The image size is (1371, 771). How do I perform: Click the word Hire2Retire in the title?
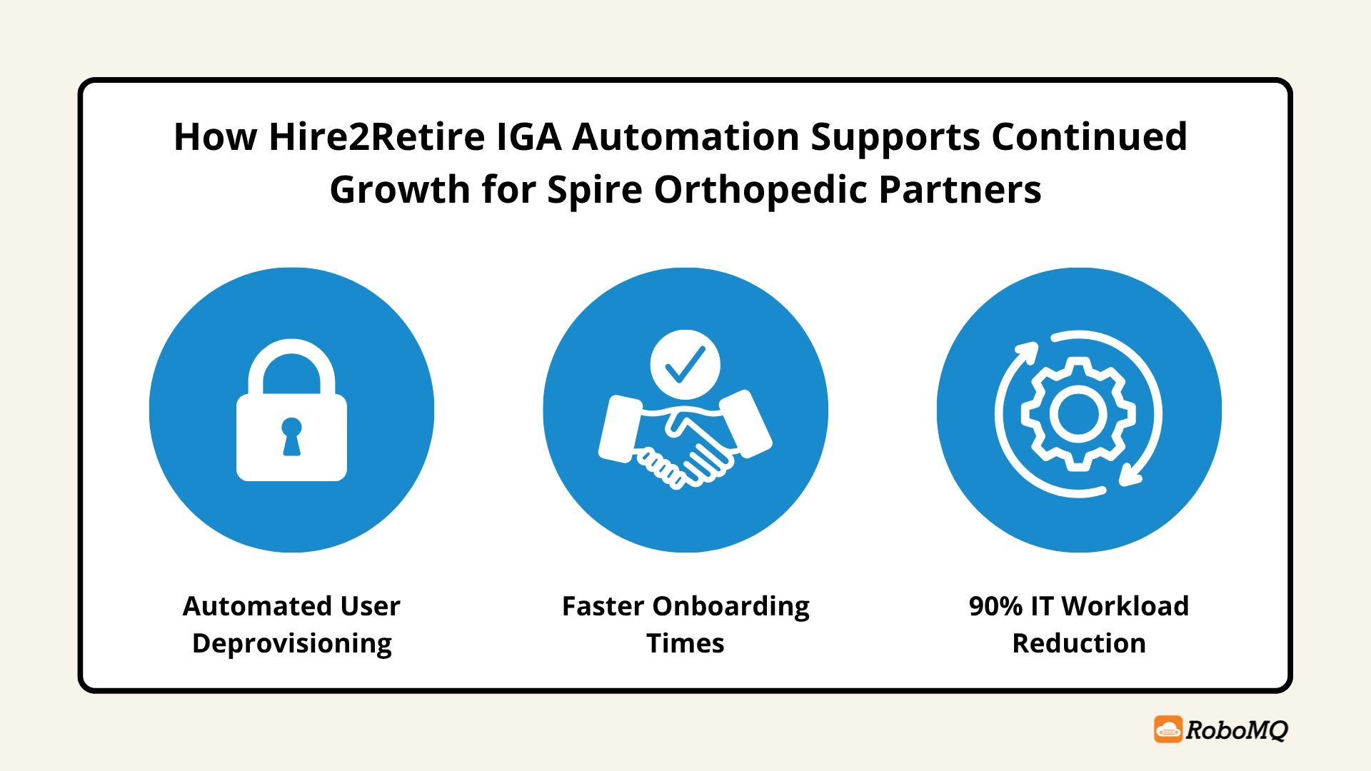click(x=376, y=136)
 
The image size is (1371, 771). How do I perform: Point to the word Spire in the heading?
click(x=594, y=190)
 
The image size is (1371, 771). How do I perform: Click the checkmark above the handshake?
click(x=685, y=364)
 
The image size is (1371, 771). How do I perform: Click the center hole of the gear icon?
click(x=1078, y=414)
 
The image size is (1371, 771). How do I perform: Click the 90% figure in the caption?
click(x=995, y=606)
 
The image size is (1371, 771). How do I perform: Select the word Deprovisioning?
click(x=291, y=644)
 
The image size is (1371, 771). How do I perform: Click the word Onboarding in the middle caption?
click(x=730, y=606)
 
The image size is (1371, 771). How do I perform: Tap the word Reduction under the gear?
click(x=1079, y=643)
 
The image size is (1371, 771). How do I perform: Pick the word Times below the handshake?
click(x=685, y=643)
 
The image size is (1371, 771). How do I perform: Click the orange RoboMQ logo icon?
click(x=1168, y=730)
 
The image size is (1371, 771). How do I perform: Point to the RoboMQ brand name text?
click(x=1237, y=730)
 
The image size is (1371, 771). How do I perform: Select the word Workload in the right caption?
click(x=1125, y=606)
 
